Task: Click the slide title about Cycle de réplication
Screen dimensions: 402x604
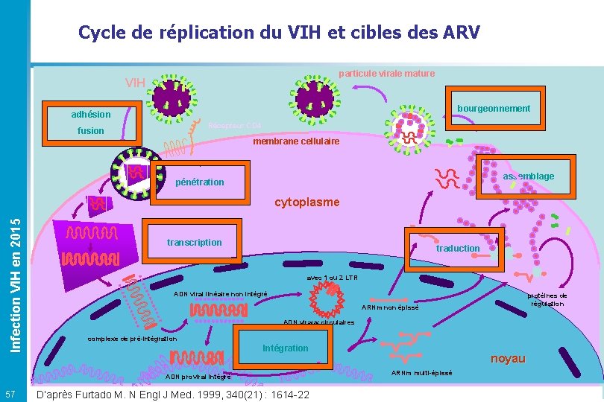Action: (x=280, y=33)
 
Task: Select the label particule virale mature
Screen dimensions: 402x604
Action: (x=386, y=74)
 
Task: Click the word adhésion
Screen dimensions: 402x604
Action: (x=91, y=115)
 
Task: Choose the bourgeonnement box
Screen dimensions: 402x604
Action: (x=493, y=109)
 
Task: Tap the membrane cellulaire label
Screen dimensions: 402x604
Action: (x=296, y=141)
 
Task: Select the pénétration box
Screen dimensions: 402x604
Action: (x=199, y=182)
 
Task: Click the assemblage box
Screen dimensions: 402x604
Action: (x=527, y=176)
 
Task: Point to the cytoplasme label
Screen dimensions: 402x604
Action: (x=307, y=202)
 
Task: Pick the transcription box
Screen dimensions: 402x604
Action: (x=194, y=242)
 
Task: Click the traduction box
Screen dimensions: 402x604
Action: (x=457, y=248)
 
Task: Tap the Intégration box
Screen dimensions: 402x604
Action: (x=286, y=348)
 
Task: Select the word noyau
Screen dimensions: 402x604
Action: (x=508, y=359)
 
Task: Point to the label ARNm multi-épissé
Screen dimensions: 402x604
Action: (x=421, y=372)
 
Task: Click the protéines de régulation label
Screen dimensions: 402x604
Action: (x=548, y=299)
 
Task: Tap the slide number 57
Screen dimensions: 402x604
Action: (x=10, y=393)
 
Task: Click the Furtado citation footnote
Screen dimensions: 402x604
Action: (x=172, y=394)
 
